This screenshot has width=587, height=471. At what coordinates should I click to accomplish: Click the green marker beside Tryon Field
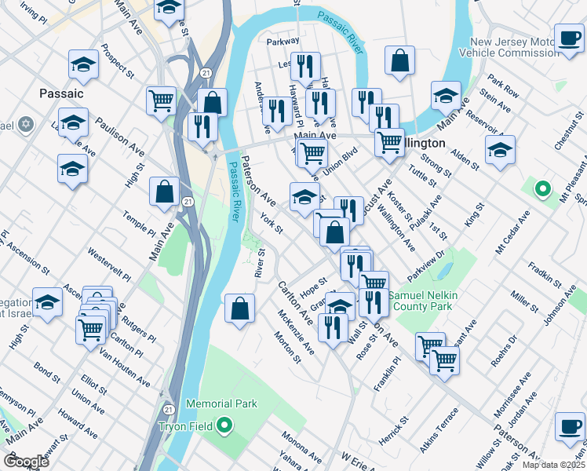click(x=224, y=426)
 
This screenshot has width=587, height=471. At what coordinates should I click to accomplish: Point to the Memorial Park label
click(x=221, y=404)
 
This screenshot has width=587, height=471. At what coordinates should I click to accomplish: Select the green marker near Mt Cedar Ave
click(x=541, y=189)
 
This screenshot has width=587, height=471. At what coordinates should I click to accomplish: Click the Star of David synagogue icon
click(x=26, y=124)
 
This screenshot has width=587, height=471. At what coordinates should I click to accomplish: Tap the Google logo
click(x=26, y=462)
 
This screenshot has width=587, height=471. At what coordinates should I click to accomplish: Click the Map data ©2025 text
click(x=552, y=465)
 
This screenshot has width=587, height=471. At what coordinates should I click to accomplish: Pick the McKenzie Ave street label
click(x=296, y=331)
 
